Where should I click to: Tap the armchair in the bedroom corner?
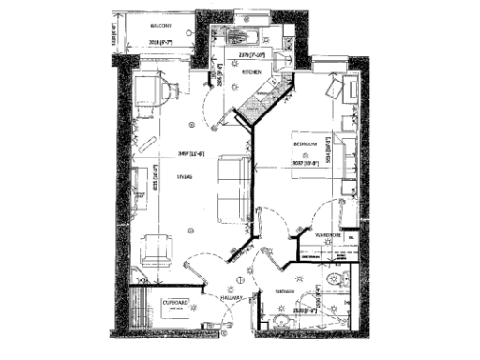click(x=337, y=90)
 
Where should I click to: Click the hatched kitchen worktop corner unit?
click(x=255, y=104)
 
